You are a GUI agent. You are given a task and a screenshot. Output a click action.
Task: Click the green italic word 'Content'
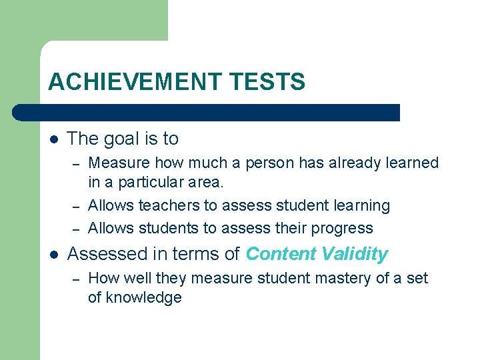[280, 254]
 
